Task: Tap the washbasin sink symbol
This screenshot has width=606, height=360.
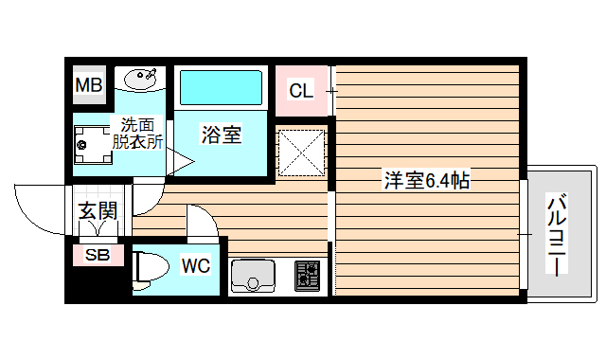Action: [x=140, y=77]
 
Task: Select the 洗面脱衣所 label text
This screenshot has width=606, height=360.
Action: [x=137, y=133]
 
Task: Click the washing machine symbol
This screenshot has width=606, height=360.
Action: [x=93, y=144]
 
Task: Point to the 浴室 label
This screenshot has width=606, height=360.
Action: [x=221, y=135]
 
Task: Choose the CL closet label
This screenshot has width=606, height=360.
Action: [x=301, y=91]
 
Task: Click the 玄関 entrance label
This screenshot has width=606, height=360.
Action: [x=98, y=211]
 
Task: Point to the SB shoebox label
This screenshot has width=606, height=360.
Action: [x=98, y=255]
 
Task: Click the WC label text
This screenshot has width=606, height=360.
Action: [x=196, y=265]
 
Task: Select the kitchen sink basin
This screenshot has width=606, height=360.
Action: [x=253, y=278]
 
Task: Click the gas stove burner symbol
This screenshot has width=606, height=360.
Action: [x=307, y=275]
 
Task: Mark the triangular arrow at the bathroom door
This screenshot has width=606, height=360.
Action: [x=180, y=162]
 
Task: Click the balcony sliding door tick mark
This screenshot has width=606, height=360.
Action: [x=520, y=232]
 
